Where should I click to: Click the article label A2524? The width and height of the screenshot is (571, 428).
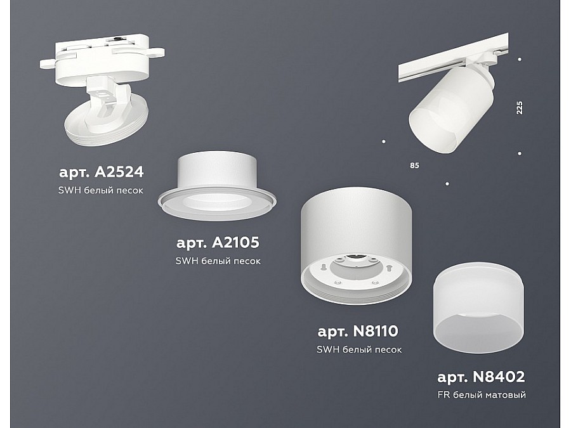tap(102, 172)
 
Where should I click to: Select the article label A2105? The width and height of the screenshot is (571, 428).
tap(218, 242)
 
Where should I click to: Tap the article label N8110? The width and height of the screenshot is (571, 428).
tap(359, 331)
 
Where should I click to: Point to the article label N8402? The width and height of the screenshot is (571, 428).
tap(481, 377)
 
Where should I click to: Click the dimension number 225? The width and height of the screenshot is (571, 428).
tap(520, 107)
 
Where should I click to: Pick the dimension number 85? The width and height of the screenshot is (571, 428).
tap(414, 166)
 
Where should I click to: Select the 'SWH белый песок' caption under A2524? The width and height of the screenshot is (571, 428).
tap(102, 190)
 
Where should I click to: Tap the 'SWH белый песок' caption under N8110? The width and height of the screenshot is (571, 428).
tap(359, 349)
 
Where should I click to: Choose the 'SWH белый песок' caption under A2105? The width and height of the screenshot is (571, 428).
tap(218, 261)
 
